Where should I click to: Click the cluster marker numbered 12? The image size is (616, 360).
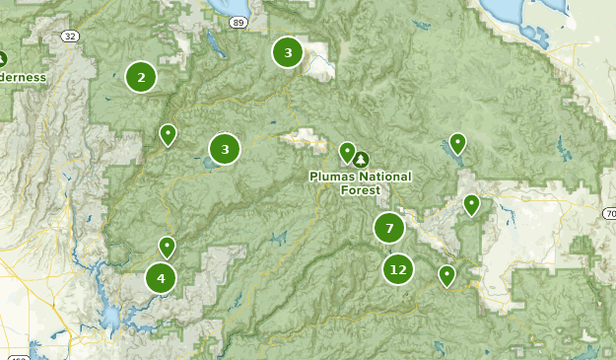point(398,268)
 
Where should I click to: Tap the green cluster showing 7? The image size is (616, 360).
point(389,229)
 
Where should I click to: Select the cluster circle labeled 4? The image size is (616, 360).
point(161,278)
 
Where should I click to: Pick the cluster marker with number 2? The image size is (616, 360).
point(141,77)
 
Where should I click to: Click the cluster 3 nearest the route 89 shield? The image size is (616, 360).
point(288,53)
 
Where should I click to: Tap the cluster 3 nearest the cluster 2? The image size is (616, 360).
point(225,149)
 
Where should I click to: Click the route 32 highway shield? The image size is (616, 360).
point(68,36)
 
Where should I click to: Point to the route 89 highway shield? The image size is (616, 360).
point(238,21)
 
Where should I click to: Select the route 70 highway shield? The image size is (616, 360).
point(609,213)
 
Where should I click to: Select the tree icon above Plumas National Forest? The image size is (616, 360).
point(361,159)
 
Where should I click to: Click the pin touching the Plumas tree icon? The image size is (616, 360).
point(347,151)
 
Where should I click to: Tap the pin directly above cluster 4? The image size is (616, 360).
point(168,247)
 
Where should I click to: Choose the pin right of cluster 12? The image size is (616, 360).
point(447,275)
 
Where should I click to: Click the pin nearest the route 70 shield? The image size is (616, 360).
point(472,205)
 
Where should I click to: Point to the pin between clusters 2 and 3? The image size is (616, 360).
point(169,134)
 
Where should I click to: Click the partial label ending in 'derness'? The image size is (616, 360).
point(22,77)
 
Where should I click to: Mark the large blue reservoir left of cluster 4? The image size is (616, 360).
point(110,316)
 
